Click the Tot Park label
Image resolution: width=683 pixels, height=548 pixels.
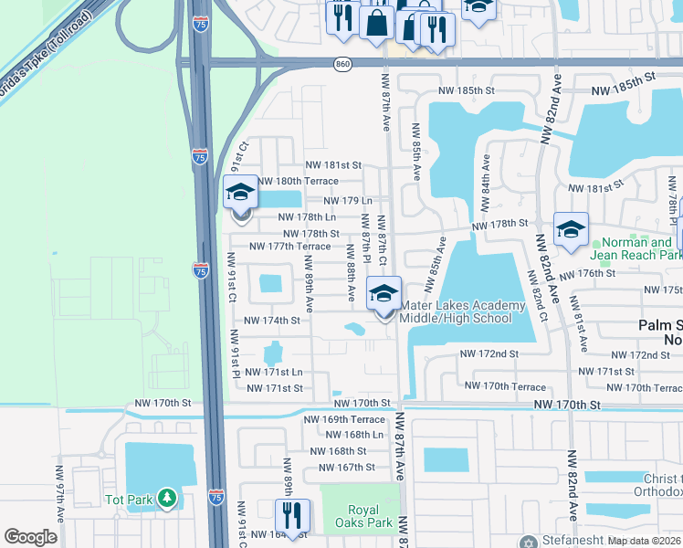pos(127,499)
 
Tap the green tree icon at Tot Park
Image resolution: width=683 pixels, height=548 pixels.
pos(166,499)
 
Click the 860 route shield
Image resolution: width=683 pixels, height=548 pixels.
pos(342,63)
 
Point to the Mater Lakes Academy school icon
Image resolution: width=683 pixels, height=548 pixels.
pos(384,294)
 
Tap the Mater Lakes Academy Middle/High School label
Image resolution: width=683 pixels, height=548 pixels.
pos(462,311)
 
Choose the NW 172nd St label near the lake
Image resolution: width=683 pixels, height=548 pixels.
pos(489,353)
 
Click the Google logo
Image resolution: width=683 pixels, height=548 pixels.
pos(31,537)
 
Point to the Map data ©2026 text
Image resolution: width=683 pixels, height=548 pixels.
pos(644,541)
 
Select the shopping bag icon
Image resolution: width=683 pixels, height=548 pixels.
pos(376,22)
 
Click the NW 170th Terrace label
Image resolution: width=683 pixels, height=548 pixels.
pos(505,386)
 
